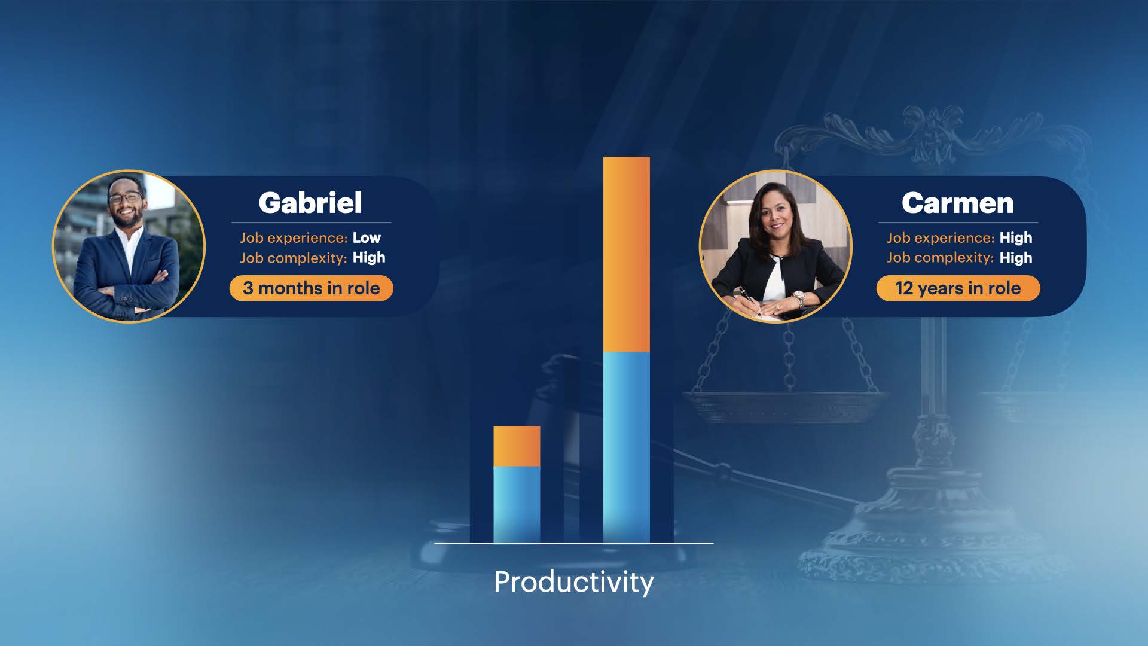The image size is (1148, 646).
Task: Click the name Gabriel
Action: click(x=310, y=203)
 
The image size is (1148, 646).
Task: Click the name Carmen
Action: click(x=957, y=203)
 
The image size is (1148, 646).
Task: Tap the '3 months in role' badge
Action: click(x=311, y=288)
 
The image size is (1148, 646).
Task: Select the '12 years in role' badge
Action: click(x=958, y=288)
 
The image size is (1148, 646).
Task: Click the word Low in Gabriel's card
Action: click(x=367, y=237)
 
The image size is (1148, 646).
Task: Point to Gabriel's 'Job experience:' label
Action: click(x=294, y=238)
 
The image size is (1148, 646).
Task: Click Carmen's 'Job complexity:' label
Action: click(x=940, y=258)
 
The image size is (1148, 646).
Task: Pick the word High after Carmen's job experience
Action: click(x=1016, y=238)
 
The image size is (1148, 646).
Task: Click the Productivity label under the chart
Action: click(x=574, y=582)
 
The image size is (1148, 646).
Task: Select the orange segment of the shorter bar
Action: click(x=517, y=446)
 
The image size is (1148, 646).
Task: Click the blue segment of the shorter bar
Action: click(x=517, y=505)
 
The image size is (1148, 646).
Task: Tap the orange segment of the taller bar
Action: click(x=626, y=254)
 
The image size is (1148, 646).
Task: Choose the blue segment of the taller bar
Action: click(x=626, y=447)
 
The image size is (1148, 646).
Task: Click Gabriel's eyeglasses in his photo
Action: click(x=125, y=197)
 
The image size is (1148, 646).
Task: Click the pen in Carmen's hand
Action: click(x=749, y=300)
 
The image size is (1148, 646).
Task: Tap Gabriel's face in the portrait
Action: click(x=126, y=202)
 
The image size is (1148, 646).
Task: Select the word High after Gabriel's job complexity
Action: click(x=369, y=258)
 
